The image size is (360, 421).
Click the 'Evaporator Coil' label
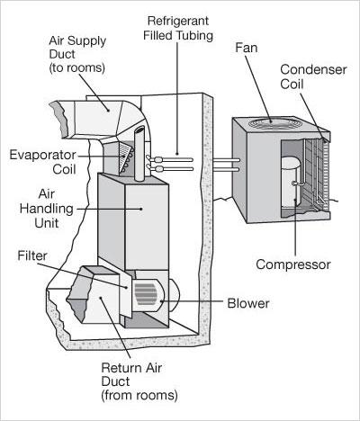coord(42,162)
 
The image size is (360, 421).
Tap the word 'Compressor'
coord(293,264)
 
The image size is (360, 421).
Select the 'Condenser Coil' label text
coord(313,76)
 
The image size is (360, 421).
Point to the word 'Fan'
coord(246,48)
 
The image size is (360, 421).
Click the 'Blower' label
coord(248,303)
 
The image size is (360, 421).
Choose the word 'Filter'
coord(32,255)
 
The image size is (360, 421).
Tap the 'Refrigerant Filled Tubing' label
coord(178,28)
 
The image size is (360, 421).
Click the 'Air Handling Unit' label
coord(47,209)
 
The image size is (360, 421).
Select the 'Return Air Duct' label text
coord(139,381)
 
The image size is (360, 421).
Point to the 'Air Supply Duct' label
coord(77,54)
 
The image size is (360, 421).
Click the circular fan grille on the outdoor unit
coord(273,122)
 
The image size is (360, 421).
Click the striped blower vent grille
coord(146,294)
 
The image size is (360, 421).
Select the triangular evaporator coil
coord(126,157)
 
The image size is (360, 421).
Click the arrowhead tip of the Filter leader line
coord(128,288)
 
